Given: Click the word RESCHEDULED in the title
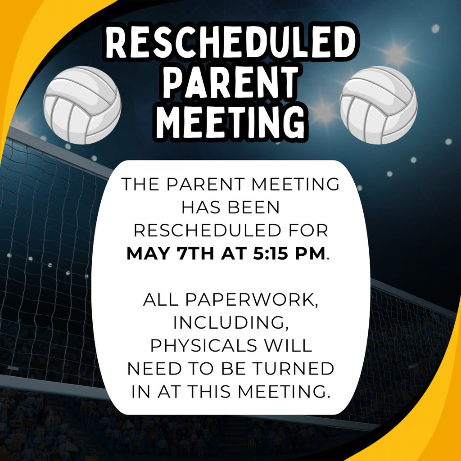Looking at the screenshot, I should pos(230,44).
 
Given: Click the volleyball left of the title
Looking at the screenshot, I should pos(82,105).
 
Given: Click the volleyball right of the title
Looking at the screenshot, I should pos(378,105).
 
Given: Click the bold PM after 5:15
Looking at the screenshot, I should pos(309,253).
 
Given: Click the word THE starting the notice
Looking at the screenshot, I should pos(140,184).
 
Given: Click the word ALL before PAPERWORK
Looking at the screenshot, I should pos(161,300).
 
